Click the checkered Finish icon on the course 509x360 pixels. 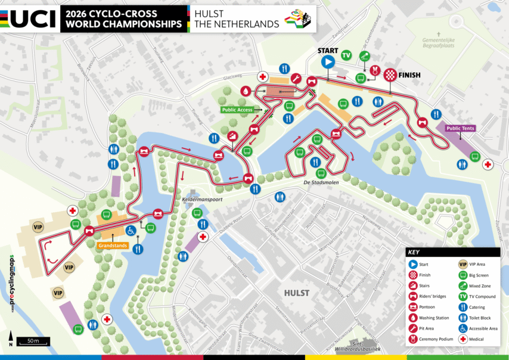[x=389, y=75]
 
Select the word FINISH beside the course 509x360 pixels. [x=410, y=75]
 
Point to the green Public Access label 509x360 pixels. [x=238, y=110]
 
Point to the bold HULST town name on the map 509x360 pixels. [x=297, y=293]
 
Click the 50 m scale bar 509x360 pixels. [x=33, y=341]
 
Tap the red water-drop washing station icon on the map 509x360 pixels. [x=245, y=91]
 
